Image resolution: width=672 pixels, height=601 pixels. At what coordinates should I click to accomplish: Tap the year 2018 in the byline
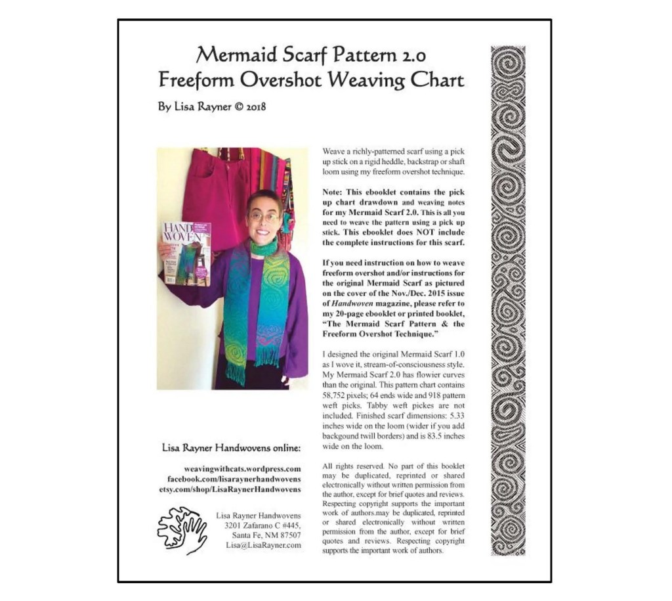254,106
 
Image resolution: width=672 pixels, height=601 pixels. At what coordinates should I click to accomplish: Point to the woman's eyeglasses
264,216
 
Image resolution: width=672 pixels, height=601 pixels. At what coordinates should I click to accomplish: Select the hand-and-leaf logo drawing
182,529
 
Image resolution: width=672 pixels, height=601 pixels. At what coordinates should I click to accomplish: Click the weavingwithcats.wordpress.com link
242,469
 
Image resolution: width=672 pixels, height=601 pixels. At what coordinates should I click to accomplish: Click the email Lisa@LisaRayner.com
263,545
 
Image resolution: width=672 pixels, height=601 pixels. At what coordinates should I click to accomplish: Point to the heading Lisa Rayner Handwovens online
231,448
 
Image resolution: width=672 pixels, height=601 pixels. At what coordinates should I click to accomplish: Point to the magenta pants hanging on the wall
209,190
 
